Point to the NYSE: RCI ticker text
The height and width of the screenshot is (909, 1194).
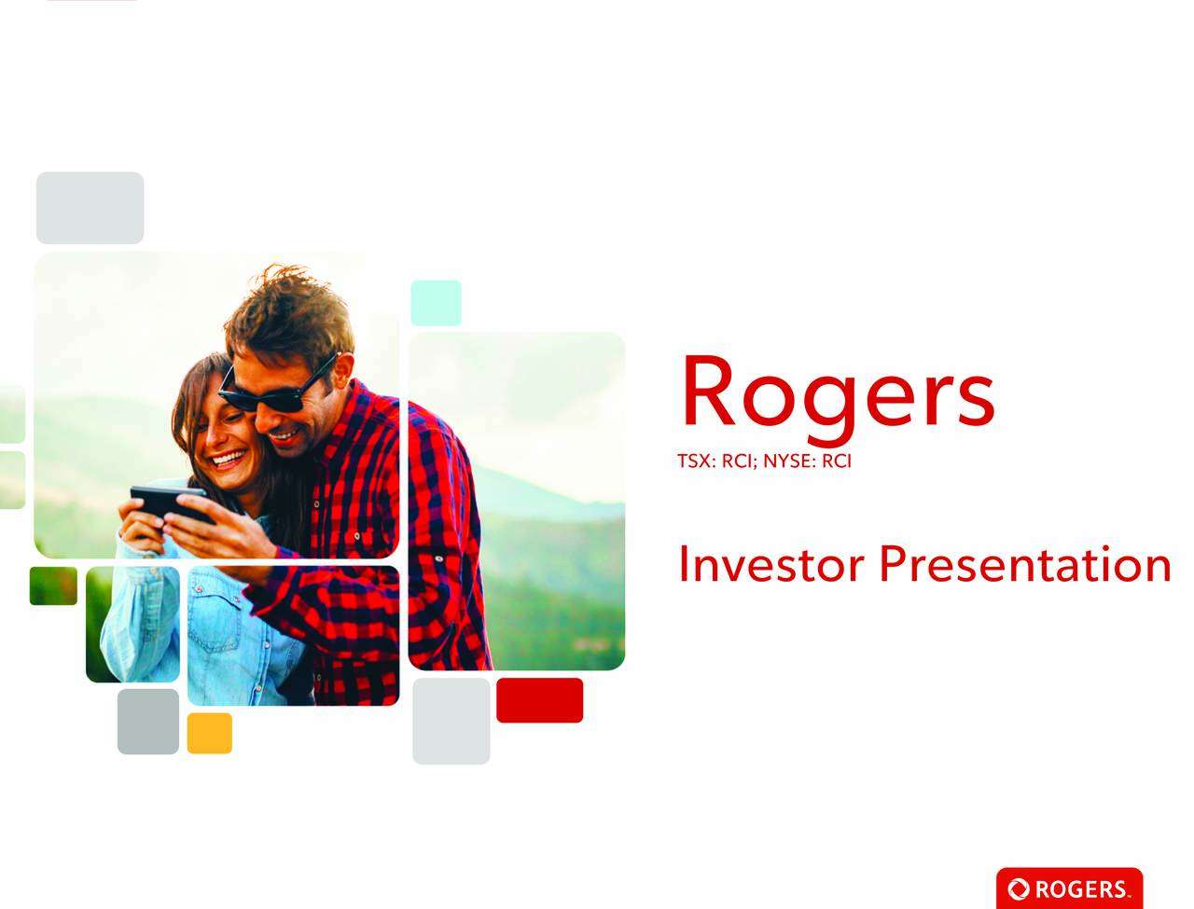point(807,461)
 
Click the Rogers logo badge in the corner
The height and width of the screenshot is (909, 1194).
point(1069,888)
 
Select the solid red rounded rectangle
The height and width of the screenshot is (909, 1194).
point(539,700)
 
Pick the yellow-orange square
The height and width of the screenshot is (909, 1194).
point(210,734)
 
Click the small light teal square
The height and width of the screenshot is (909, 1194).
point(436,303)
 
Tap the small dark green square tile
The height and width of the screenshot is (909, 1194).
point(53,586)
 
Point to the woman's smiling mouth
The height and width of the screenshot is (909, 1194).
point(229,460)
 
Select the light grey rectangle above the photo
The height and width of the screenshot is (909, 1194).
point(90,208)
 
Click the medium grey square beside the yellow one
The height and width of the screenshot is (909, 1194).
point(148,722)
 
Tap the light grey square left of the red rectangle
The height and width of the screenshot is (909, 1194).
point(451,721)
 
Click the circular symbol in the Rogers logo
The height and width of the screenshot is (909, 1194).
point(1018,889)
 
